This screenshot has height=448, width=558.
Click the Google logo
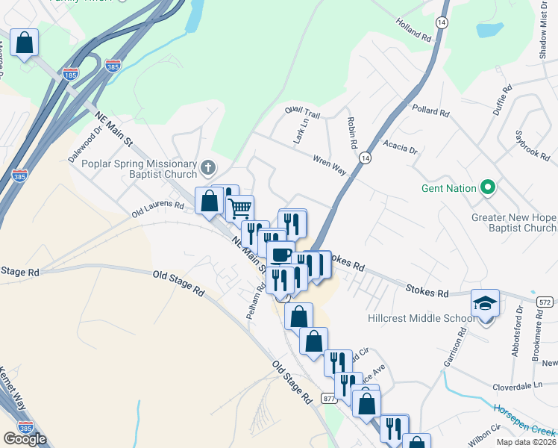tap(25, 438)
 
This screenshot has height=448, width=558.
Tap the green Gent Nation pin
tap(489, 187)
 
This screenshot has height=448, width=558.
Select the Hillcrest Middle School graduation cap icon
tap(485, 304)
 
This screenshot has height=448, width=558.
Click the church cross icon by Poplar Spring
tap(209, 165)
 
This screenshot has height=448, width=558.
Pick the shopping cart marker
tap(239, 208)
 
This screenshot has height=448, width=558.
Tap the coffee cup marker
tap(280, 254)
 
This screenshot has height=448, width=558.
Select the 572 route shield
tap(545, 301)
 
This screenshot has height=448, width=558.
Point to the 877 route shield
tap(329, 399)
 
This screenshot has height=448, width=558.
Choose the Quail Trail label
tap(302, 112)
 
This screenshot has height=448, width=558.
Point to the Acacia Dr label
tap(400, 145)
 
